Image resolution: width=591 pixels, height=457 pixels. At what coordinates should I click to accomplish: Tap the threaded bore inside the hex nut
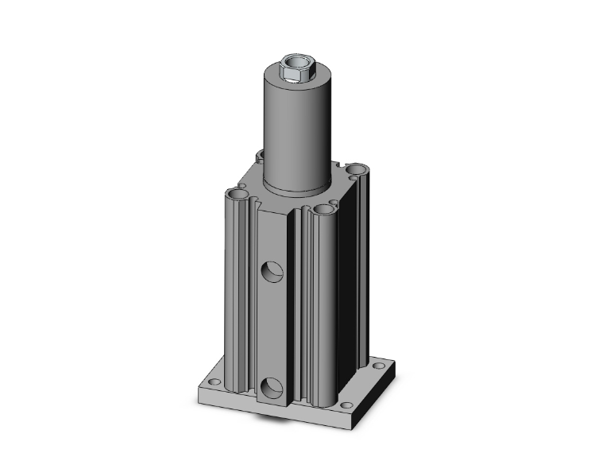tap(295, 63)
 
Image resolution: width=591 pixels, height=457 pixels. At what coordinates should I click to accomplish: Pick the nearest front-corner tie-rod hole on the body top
tap(323, 211)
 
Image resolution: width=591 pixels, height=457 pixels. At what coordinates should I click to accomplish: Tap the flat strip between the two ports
tap(272, 330)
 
